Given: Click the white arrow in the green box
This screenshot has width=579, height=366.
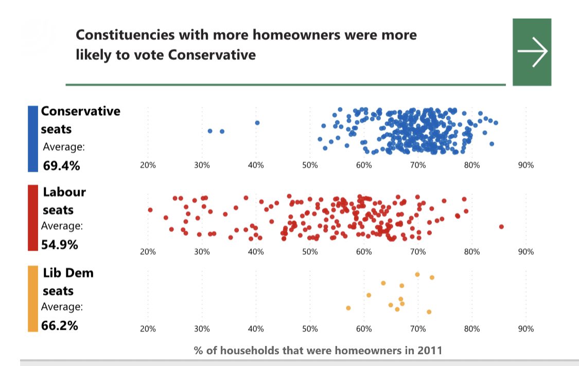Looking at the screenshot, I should pyautogui.click(x=532, y=51).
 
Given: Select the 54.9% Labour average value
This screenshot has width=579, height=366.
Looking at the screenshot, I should pyautogui.click(x=60, y=245).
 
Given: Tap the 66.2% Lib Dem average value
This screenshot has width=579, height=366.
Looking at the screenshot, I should pyautogui.click(x=60, y=325).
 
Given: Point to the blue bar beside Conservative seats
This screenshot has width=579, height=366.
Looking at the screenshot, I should pyautogui.click(x=33, y=138).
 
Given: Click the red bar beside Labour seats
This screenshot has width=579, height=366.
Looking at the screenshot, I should pyautogui.click(x=33, y=217).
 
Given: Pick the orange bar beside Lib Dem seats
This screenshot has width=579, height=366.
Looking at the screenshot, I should pyautogui.click(x=33, y=298).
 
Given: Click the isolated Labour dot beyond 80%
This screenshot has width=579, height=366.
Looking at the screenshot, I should pyautogui.click(x=501, y=227).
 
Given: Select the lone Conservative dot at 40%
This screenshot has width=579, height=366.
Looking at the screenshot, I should pyautogui.click(x=257, y=123).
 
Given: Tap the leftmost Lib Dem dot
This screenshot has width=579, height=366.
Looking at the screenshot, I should pyautogui.click(x=348, y=308).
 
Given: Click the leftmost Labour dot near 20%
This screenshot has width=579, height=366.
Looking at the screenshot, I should pyautogui.click(x=150, y=210).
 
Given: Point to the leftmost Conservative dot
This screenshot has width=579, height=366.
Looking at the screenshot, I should pyautogui.click(x=210, y=131).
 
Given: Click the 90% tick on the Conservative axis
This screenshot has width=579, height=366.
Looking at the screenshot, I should pyautogui.click(x=525, y=166).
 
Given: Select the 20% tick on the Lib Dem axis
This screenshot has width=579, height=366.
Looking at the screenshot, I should pyautogui.click(x=148, y=329).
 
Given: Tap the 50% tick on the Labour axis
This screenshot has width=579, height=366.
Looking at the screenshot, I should pyautogui.click(x=310, y=252).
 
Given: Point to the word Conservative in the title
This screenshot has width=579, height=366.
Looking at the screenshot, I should pyautogui.click(x=213, y=54).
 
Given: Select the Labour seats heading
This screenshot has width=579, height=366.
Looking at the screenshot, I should pyautogui.click(x=64, y=201).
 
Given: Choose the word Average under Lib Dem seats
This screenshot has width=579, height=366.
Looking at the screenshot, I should pyautogui.click(x=62, y=307).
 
